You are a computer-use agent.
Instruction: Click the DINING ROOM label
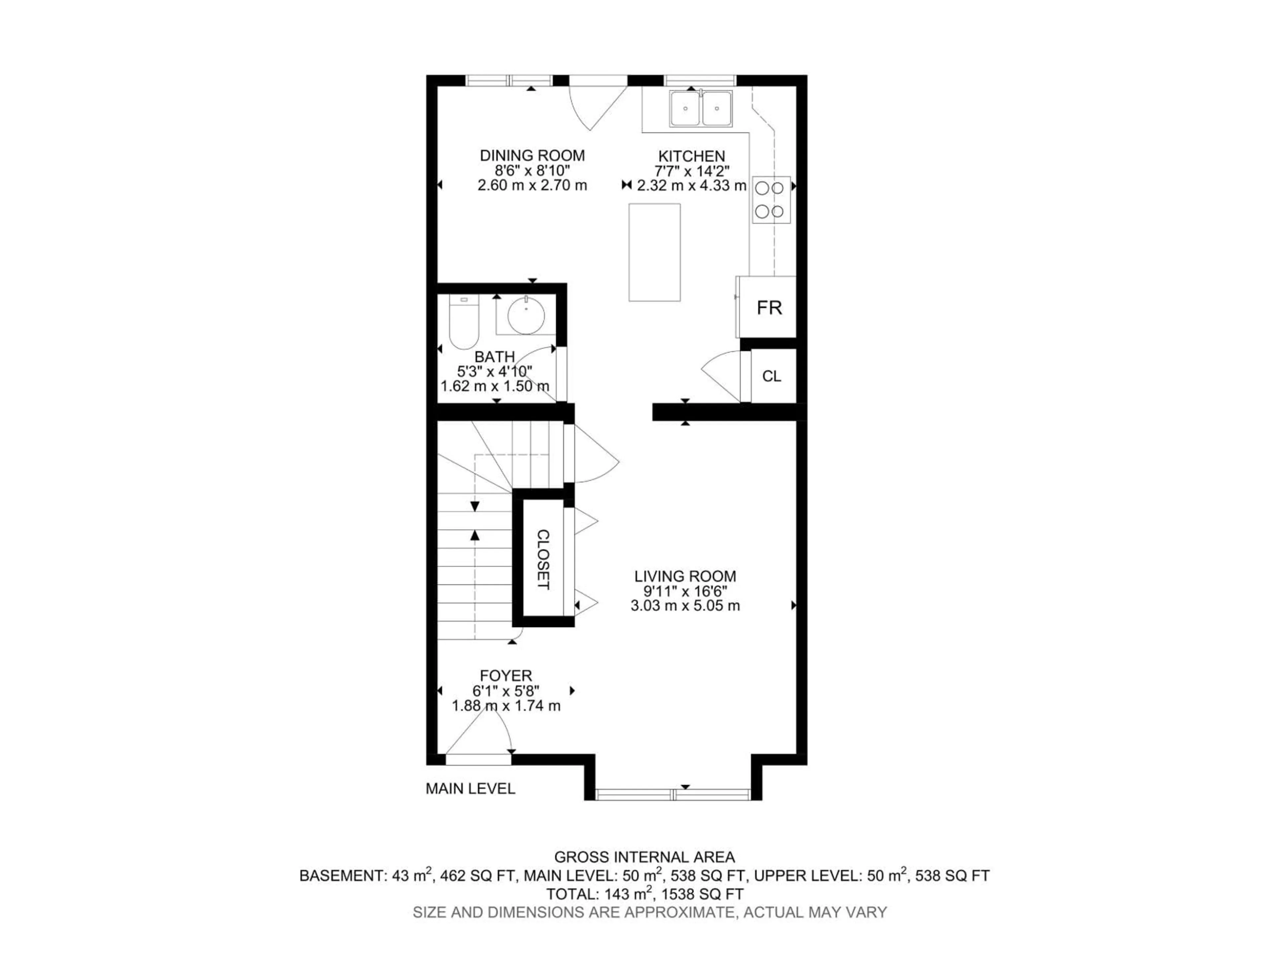click(x=532, y=156)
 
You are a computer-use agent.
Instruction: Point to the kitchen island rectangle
click(x=654, y=252)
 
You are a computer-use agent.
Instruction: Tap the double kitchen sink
click(x=700, y=108)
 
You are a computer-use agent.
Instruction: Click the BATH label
click(x=494, y=357)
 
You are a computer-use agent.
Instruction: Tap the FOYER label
click(x=506, y=675)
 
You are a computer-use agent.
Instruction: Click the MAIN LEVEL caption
click(x=470, y=789)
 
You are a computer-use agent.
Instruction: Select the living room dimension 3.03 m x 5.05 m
click(x=685, y=605)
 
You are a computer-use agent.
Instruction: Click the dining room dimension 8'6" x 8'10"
click(x=532, y=170)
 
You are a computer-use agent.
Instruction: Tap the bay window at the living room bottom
click(x=673, y=795)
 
